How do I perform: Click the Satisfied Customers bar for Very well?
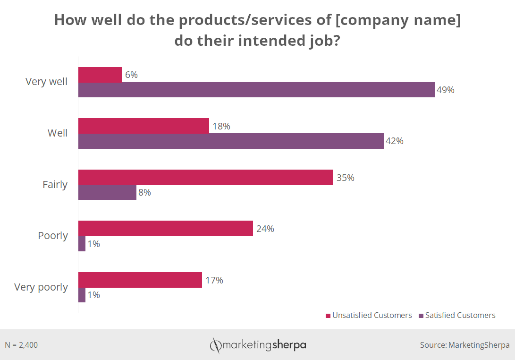coord(256,90)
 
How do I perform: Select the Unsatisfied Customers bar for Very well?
coord(100,75)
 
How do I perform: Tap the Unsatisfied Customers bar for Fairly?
coord(205,177)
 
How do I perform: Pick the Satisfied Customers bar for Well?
coord(230,141)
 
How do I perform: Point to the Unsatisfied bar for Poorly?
coord(165,228)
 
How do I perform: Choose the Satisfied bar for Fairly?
coord(107,192)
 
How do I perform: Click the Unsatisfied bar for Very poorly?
coord(140,280)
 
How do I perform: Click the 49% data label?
coord(445,90)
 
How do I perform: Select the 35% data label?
coord(345,178)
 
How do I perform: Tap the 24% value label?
coord(265,229)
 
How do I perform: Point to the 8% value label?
coord(145,192)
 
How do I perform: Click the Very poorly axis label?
coord(41,287)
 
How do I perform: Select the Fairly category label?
coord(55,185)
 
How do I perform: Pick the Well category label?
coord(58,133)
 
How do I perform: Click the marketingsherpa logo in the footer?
coord(258,345)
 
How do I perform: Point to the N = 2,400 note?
coord(21,345)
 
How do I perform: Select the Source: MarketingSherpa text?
coord(464,345)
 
